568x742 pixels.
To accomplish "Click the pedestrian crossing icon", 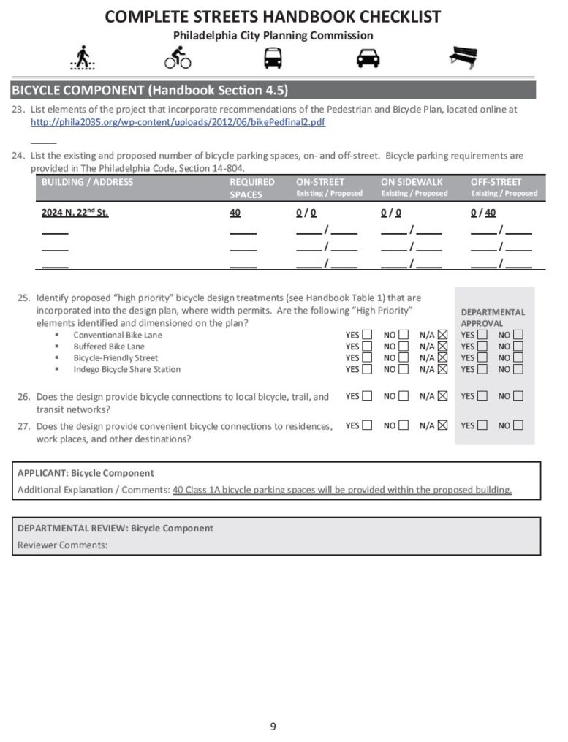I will (83, 58).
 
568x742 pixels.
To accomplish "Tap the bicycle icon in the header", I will (178, 58).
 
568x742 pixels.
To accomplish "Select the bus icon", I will (273, 58).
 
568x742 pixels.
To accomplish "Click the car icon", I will (368, 58).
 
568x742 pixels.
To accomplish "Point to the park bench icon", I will (463, 57).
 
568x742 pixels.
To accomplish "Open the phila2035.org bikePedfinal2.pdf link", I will (178, 122).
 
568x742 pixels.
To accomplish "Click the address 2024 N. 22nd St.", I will (75, 213).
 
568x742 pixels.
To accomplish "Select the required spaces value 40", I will (235, 213).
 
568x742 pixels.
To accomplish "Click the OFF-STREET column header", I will (496, 182).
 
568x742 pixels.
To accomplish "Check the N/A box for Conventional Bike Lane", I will (442, 336).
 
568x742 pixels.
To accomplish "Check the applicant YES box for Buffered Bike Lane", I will (367, 347).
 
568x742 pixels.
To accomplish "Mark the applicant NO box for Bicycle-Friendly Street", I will (404, 358).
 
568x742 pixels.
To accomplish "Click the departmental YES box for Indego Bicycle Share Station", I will (482, 369).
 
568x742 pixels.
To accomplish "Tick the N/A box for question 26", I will (442, 396).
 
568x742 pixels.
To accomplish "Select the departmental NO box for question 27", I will (518, 425).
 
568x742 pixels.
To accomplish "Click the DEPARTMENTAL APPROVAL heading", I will (492, 317).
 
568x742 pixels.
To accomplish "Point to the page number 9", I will (273, 726).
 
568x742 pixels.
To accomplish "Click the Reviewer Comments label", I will (62, 545).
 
